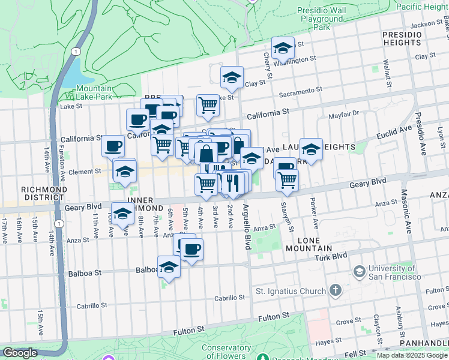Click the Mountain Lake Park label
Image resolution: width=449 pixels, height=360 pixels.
click(x=94, y=92)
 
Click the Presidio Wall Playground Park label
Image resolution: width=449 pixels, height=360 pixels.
click(x=322, y=19)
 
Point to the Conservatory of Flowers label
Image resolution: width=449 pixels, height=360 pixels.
click(x=226, y=352)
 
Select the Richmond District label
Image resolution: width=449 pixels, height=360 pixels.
click(x=43, y=194)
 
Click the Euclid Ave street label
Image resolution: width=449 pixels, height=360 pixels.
click(x=394, y=131)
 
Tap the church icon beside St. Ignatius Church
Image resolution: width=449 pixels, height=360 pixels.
click(x=335, y=292)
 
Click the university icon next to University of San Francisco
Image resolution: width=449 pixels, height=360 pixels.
click(x=359, y=272)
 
